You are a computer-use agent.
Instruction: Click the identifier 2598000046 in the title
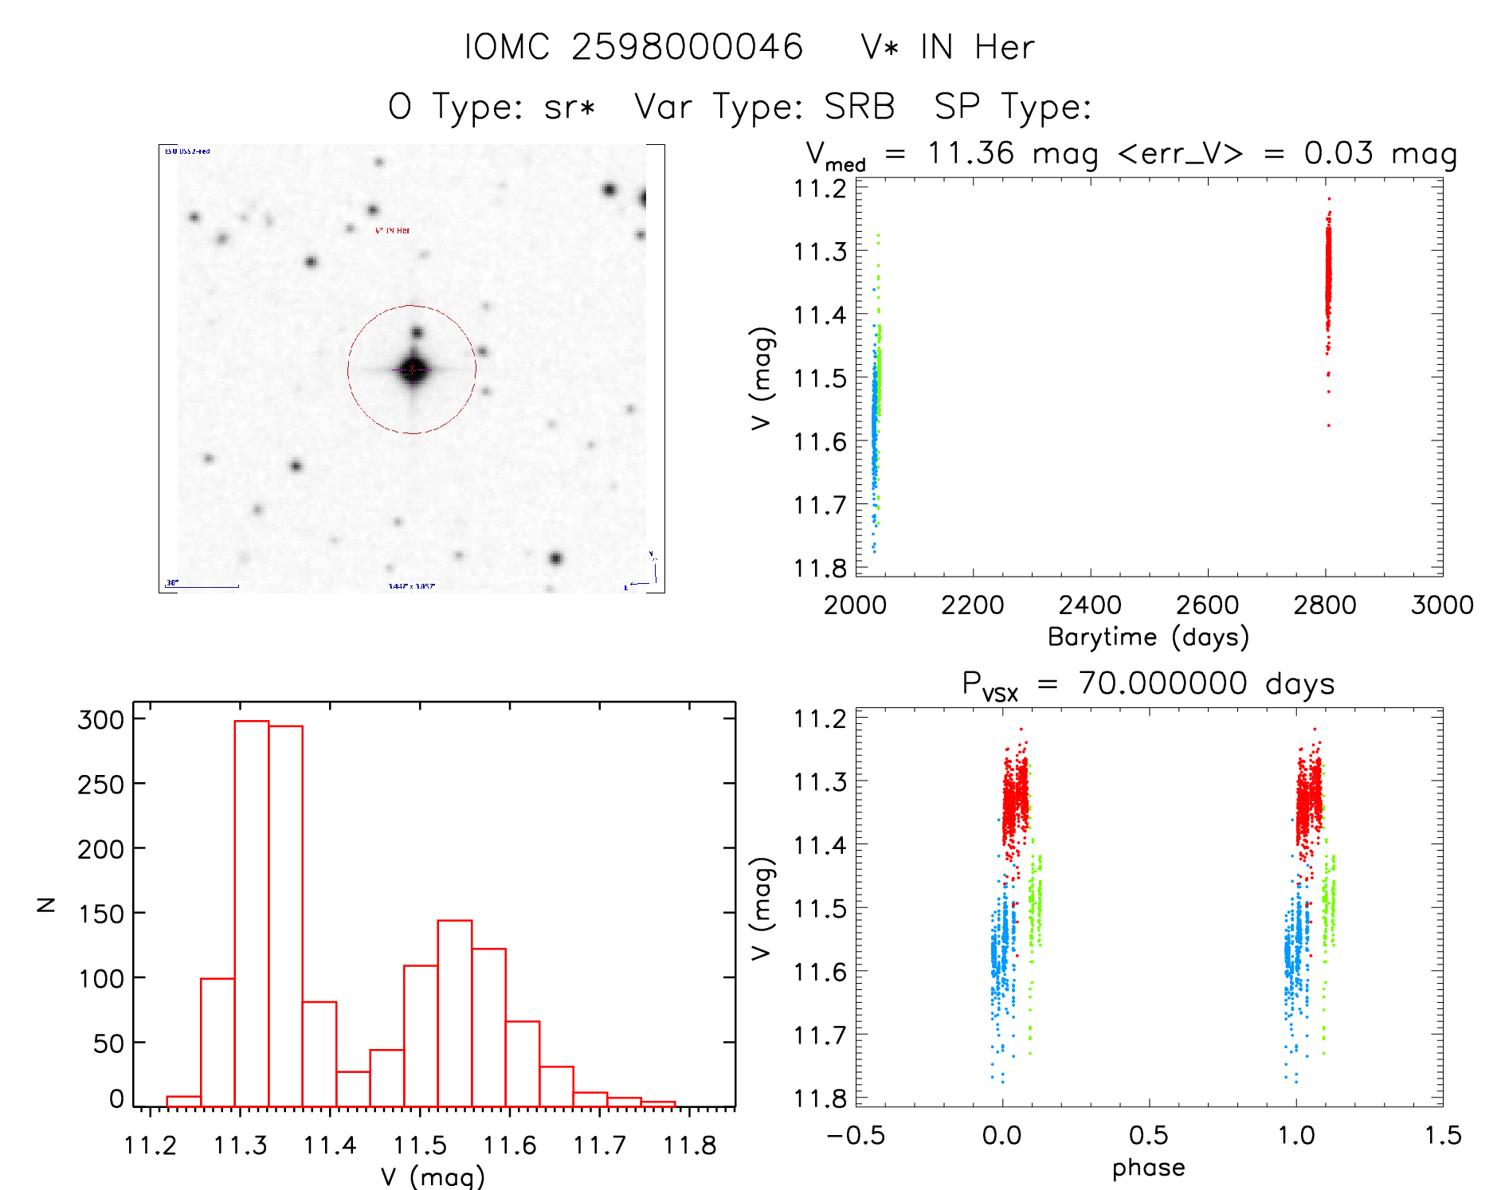[687, 47]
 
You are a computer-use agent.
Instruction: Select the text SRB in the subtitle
[860, 107]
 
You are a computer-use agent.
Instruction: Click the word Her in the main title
[1005, 47]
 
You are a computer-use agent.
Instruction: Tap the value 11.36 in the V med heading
[971, 153]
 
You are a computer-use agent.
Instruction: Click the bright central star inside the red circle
[413, 369]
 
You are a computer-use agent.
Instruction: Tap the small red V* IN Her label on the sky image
[393, 230]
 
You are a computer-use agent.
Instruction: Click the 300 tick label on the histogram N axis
[101, 720]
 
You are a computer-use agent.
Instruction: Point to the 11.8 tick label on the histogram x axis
[690, 1145]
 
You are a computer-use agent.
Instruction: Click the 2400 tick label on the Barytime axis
[1090, 605]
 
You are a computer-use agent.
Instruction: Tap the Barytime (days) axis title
[1148, 637]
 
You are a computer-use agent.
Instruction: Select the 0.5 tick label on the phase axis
[1149, 1136]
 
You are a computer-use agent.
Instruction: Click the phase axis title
[1148, 1168]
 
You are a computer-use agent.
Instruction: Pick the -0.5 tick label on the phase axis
[855, 1136]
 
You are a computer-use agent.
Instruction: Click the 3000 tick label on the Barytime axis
[1442, 605]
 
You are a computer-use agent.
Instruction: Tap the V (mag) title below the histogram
[433, 1176]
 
